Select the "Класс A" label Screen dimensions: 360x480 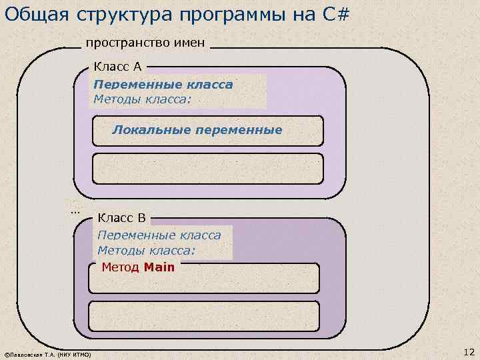(117, 67)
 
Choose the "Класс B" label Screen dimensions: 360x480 (121, 217)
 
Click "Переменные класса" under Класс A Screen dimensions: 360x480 (163, 85)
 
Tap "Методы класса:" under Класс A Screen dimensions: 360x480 (142, 99)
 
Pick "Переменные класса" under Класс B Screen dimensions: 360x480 (159, 235)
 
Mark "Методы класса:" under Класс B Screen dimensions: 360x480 (146, 250)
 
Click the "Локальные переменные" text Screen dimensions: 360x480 (197, 129)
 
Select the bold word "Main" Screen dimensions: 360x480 (159, 267)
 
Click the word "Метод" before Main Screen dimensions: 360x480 (120, 267)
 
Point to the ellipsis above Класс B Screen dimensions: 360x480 (75, 210)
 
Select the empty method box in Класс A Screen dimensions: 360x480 (207, 168)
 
